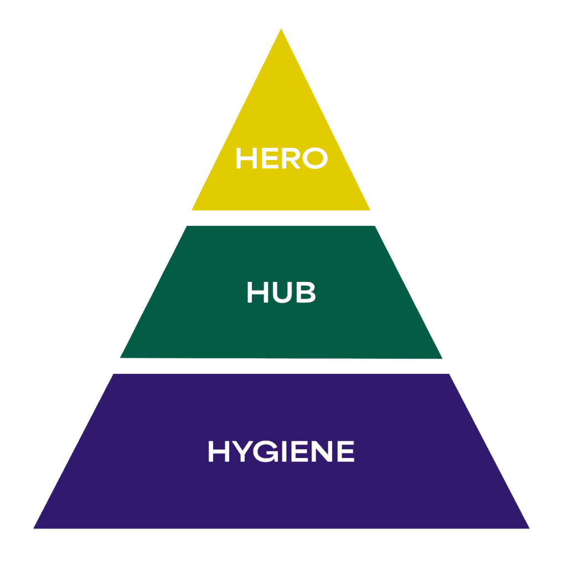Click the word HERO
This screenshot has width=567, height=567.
281,158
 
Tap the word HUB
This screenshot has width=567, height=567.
281,293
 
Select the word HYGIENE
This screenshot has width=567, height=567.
281,452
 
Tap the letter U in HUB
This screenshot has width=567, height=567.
282,293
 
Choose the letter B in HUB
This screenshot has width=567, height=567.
306,293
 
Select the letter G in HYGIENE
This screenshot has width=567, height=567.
266,452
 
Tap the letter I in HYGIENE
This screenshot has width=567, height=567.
285,452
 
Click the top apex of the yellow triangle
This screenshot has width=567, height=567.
281,29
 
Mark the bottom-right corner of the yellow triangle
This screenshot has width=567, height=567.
369,210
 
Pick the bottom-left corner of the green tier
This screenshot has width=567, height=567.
121,358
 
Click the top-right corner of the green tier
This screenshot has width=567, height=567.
375,226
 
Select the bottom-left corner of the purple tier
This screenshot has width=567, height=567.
34,528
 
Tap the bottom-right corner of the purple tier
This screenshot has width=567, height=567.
529,528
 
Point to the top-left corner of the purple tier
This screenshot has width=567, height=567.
114,375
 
